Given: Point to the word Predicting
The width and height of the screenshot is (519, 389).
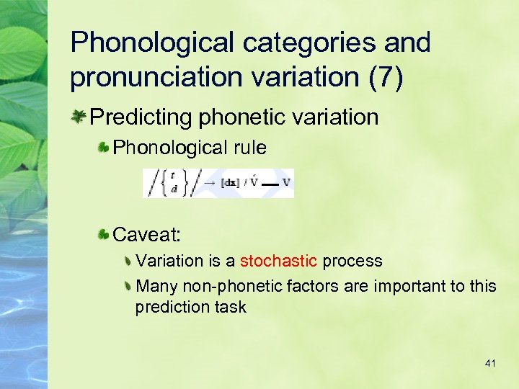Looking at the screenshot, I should (141, 117).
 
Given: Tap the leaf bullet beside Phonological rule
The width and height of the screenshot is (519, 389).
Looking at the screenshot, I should (105, 148).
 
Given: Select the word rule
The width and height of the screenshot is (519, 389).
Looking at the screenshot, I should (249, 148).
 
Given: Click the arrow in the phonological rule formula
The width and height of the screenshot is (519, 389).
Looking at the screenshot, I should (209, 183).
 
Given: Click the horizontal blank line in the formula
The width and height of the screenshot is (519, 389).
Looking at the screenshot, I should (270, 184).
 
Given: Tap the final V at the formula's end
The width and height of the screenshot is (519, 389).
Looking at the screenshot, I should (286, 183).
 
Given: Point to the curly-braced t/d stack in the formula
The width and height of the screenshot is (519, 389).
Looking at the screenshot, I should (172, 184).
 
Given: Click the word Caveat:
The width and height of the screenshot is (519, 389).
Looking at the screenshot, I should (147, 234).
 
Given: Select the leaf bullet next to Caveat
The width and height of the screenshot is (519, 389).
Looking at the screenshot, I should (105, 234).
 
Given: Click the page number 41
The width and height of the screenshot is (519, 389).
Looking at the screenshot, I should (490, 364).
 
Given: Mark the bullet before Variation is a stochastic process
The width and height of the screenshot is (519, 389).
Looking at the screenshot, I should (128, 261).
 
